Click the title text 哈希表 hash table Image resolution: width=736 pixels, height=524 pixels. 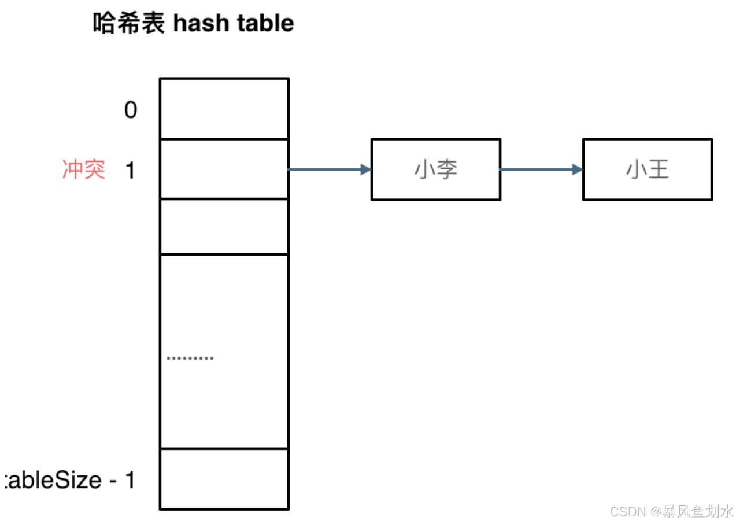(x=193, y=24)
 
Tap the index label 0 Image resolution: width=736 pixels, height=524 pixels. (x=131, y=109)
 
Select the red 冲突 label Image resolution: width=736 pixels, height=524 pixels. (x=84, y=170)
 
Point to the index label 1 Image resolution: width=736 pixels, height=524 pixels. (x=130, y=170)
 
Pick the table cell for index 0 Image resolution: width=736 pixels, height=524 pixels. (x=224, y=109)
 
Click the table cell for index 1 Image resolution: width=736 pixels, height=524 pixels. (x=224, y=169)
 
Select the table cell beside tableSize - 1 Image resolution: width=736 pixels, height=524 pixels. (x=224, y=479)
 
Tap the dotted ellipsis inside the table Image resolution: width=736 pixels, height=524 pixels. (x=190, y=359)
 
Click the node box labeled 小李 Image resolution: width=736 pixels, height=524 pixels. (x=435, y=169)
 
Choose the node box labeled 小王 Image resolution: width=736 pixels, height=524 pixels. (x=647, y=169)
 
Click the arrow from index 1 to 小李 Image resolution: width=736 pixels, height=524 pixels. (x=328, y=169)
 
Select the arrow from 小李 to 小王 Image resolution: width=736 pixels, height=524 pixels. (x=541, y=169)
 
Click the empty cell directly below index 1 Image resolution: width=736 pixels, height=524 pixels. (x=224, y=226)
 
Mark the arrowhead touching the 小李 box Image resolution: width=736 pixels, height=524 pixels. (x=365, y=169)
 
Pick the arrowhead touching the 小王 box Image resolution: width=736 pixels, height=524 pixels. (x=577, y=169)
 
